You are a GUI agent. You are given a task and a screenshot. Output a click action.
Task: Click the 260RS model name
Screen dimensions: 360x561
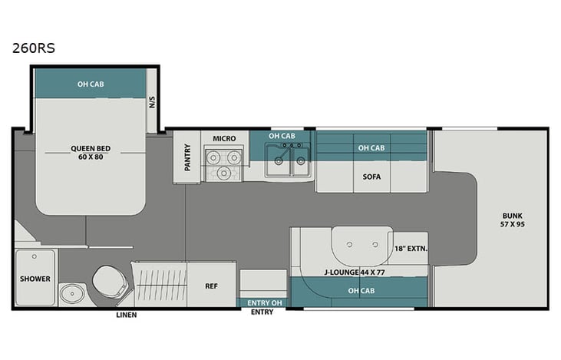pos(33,48)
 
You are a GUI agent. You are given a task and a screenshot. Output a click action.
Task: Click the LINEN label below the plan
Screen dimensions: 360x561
pos(127,315)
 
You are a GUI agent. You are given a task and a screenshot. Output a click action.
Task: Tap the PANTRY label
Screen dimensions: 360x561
pos(186,156)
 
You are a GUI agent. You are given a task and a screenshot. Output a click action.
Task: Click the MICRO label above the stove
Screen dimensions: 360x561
pos(224,138)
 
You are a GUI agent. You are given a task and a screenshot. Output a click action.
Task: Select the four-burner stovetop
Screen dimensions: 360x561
pos(224,163)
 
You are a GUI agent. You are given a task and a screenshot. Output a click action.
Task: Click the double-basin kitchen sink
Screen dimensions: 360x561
pos(288,160)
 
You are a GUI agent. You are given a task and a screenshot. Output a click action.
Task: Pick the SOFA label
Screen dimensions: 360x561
pos(372,175)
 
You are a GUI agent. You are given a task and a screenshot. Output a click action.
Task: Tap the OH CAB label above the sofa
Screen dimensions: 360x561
pos(372,147)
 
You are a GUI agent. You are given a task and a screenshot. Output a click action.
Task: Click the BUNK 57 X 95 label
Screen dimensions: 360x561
pos(513,221)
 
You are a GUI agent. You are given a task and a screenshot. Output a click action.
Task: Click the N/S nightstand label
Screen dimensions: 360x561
pos(153,100)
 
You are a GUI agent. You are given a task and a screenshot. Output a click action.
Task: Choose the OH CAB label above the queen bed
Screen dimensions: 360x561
pos(91,83)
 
